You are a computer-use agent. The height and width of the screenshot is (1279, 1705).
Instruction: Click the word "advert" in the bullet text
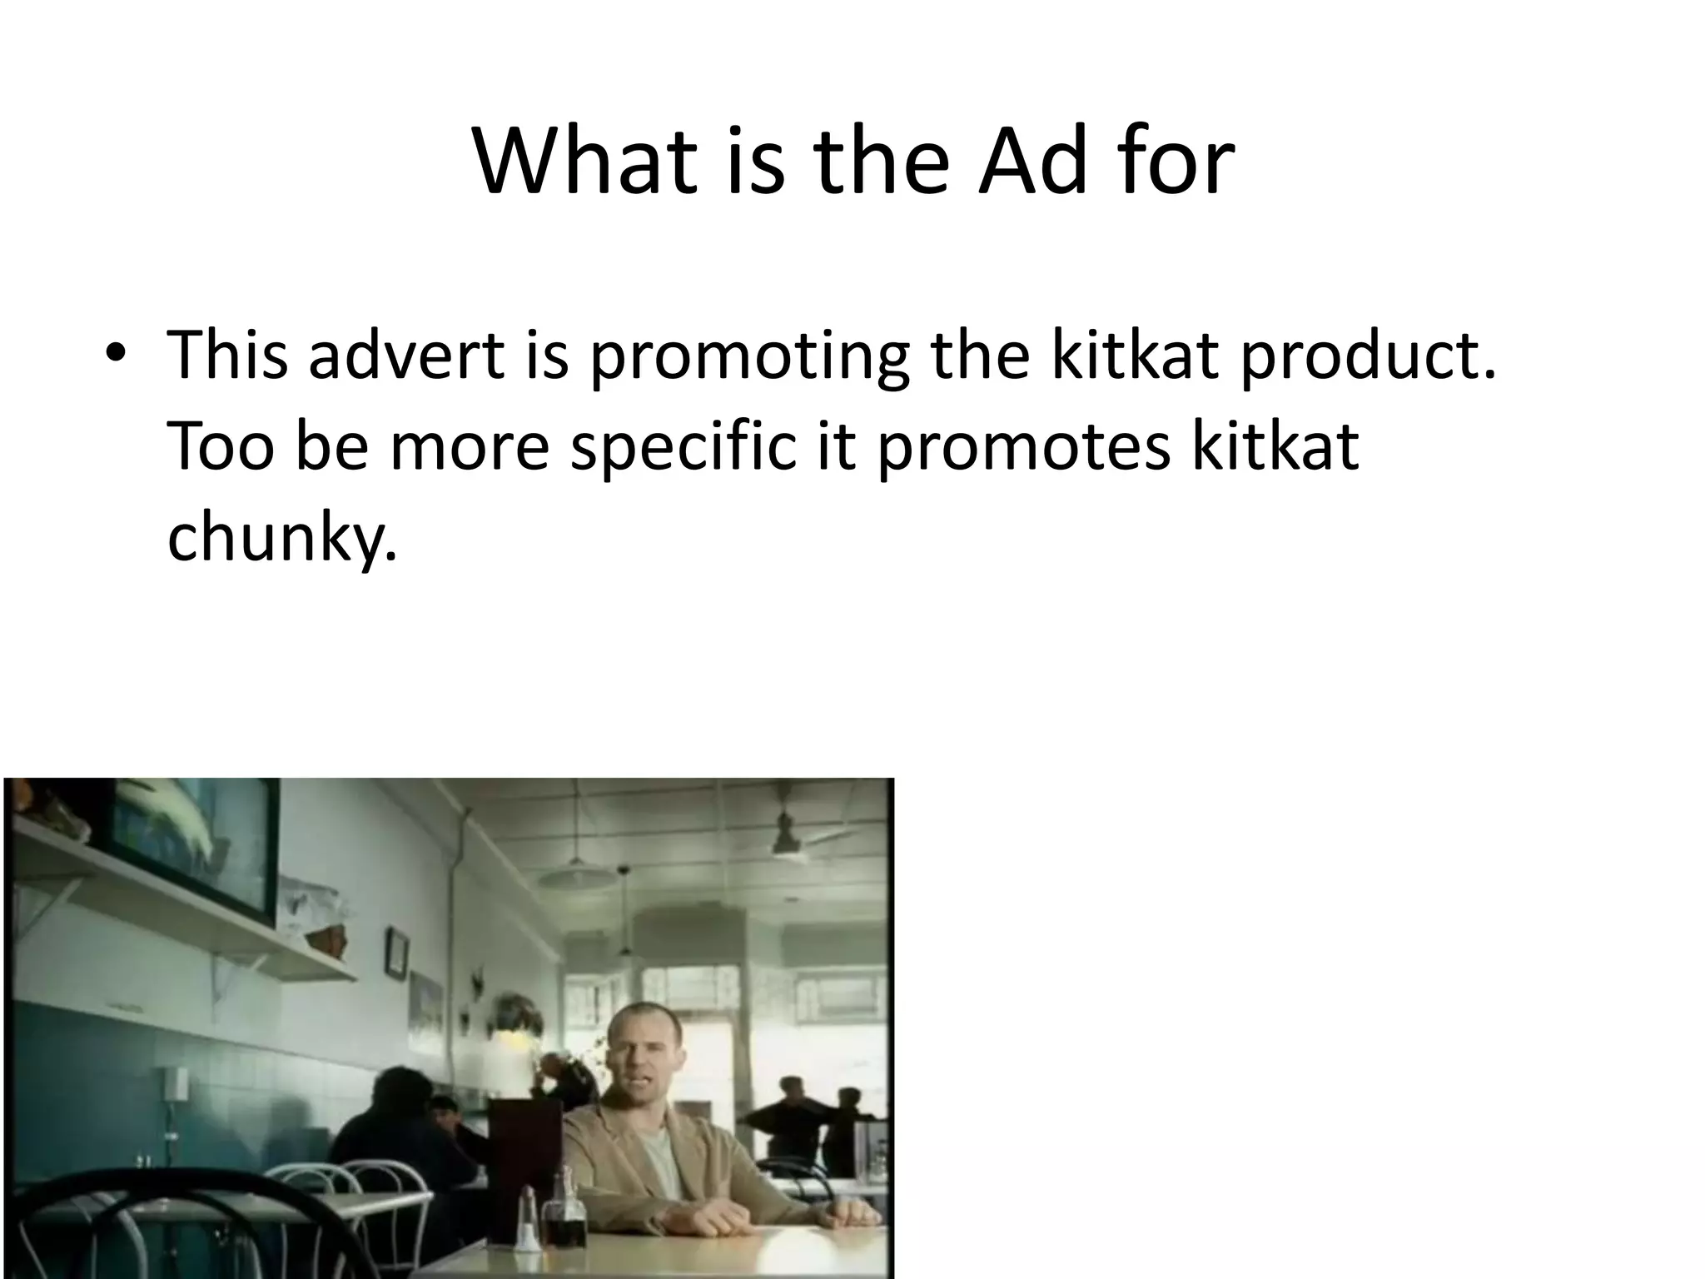(x=406, y=355)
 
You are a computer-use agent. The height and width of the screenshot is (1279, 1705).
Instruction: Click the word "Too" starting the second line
(x=221, y=445)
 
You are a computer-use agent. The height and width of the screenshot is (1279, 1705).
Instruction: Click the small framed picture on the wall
(x=397, y=953)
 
